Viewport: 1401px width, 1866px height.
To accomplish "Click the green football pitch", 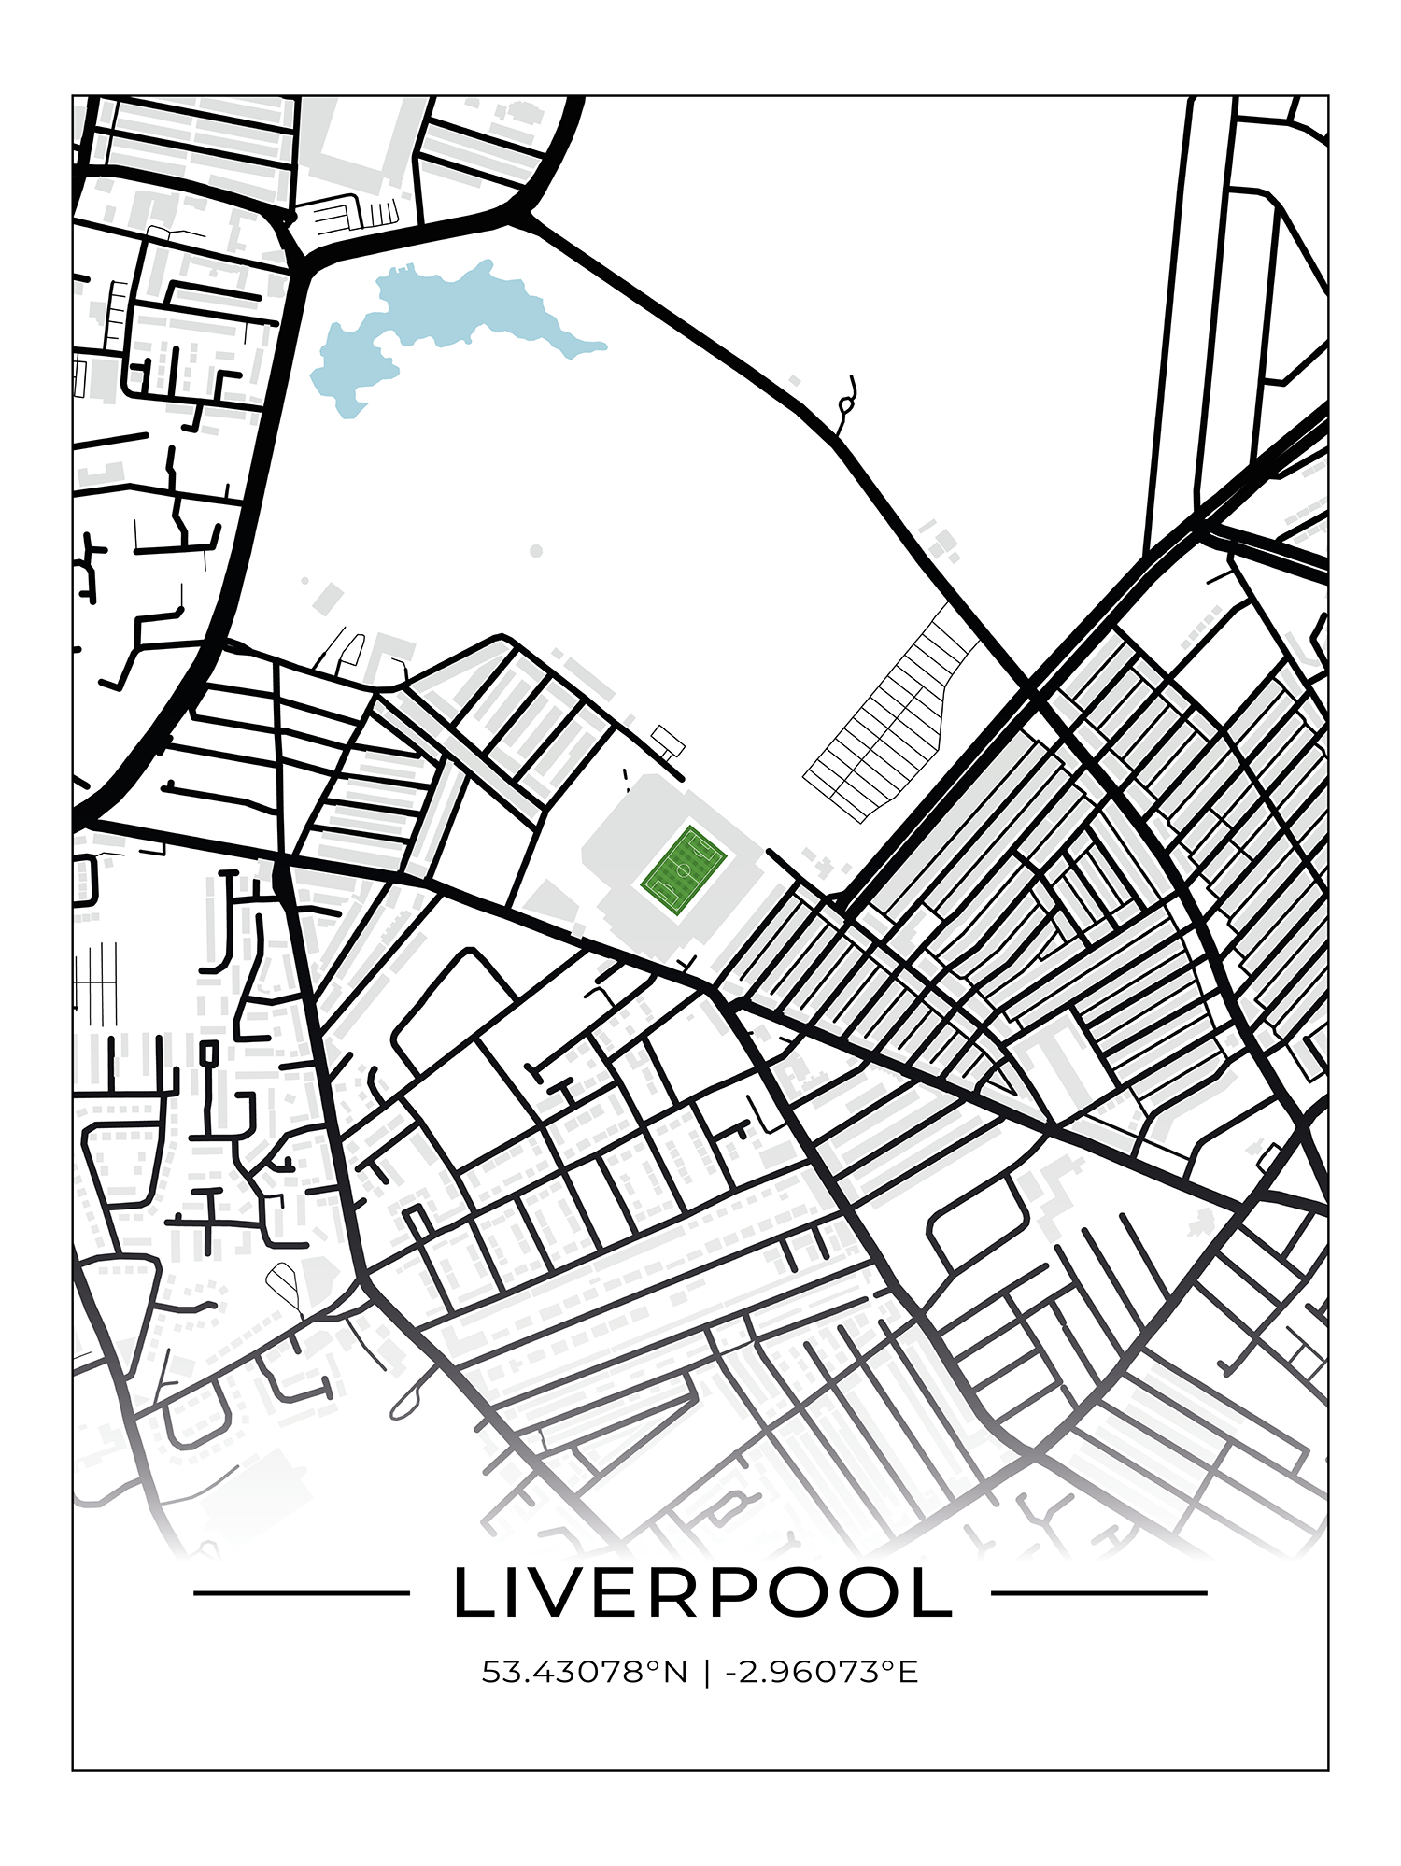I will pos(684,870).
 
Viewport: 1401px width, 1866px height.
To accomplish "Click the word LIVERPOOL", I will pos(702,1593).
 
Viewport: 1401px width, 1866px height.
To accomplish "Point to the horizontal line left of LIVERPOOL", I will pos(301,1593).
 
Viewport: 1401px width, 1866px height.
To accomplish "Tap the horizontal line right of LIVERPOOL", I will pos(1098,1593).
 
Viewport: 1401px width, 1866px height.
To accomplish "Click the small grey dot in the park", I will pos(536,551).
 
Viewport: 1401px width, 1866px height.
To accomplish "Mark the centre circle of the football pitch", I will pos(684,870).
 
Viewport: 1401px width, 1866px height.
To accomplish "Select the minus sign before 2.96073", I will pos(729,1672).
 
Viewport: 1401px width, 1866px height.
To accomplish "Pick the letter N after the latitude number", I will pos(675,1671).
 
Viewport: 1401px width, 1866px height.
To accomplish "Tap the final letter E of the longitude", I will pos(908,1671).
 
